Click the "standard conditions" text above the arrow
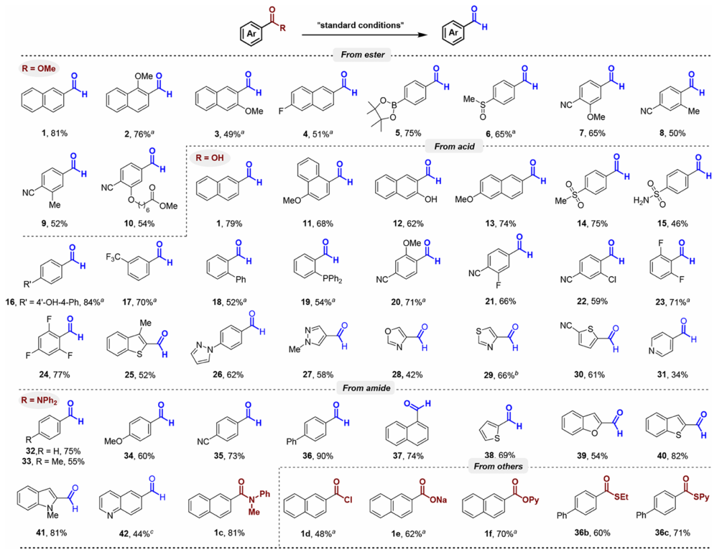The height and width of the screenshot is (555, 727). [x=360, y=25]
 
